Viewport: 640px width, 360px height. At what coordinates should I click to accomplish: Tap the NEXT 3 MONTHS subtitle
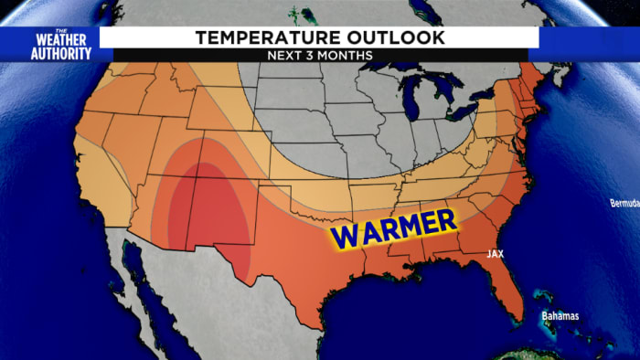click(319, 55)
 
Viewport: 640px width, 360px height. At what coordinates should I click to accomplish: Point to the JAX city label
click(495, 253)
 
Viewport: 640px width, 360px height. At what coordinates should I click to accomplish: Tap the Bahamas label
click(560, 316)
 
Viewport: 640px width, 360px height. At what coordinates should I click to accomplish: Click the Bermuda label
click(624, 203)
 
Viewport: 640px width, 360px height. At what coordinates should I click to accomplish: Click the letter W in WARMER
click(344, 236)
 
